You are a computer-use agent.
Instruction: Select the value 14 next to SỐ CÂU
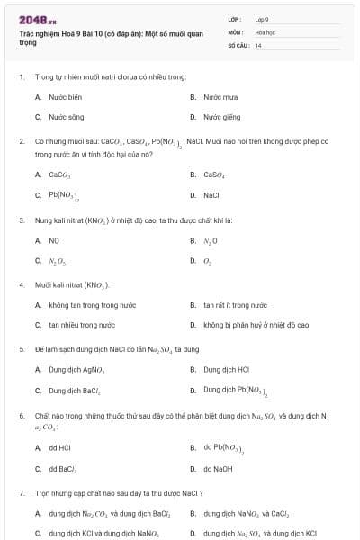tap(258, 44)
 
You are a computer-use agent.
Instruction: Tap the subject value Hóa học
tap(265, 31)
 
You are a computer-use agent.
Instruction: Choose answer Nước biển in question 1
tap(65, 96)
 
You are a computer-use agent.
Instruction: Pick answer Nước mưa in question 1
tap(220, 96)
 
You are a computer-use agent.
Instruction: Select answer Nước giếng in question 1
tap(221, 117)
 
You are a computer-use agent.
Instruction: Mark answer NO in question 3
tap(54, 240)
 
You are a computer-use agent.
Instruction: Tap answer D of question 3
tap(207, 261)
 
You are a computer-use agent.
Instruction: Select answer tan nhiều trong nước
tap(82, 325)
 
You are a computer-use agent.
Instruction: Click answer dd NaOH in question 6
tap(217, 468)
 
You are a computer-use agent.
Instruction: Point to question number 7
tap(22, 493)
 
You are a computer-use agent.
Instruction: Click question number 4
tap(22, 284)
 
